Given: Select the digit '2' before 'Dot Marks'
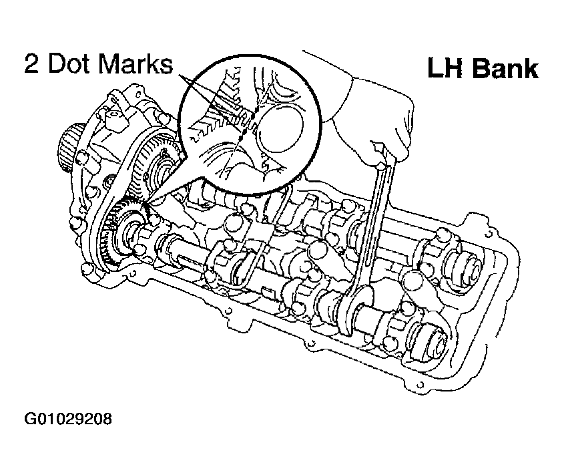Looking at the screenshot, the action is click(31, 64).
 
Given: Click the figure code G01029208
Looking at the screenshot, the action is click(68, 419).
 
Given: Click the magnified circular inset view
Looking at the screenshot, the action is click(248, 124).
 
